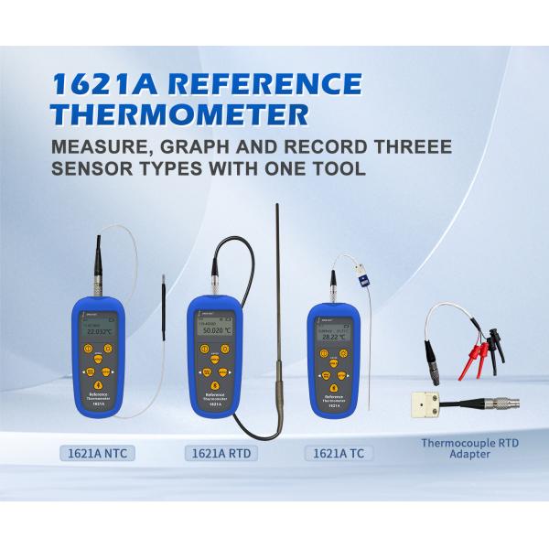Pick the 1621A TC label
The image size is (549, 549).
coord(339,452)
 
